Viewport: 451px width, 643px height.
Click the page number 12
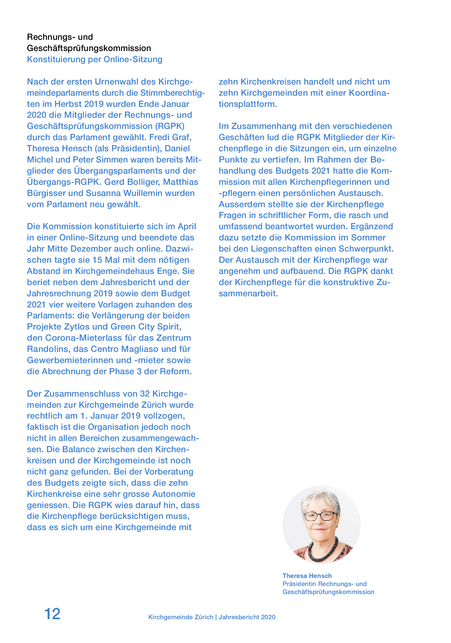point(52,614)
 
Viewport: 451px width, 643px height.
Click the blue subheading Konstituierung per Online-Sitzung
point(94,59)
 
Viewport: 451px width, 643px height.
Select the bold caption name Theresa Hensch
point(307,576)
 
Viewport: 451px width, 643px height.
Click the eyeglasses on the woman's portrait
point(320,517)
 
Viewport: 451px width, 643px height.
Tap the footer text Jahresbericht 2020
point(247,617)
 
